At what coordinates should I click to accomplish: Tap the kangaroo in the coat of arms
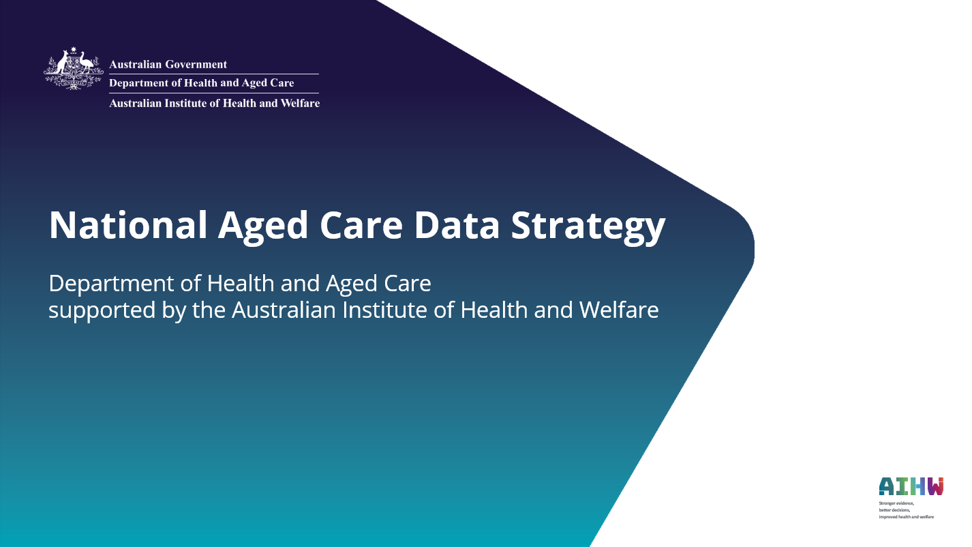62,65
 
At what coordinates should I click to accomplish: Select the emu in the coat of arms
86,65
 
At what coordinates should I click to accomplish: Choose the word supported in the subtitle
95,311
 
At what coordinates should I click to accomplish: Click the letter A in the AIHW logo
886,486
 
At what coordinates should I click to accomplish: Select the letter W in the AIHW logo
935,486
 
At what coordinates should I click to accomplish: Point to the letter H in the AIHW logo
917,486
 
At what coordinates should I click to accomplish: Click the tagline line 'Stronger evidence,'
896,503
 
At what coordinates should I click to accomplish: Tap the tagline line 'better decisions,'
894,509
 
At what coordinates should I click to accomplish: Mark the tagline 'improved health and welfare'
906,517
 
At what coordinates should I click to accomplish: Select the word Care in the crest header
282,83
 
